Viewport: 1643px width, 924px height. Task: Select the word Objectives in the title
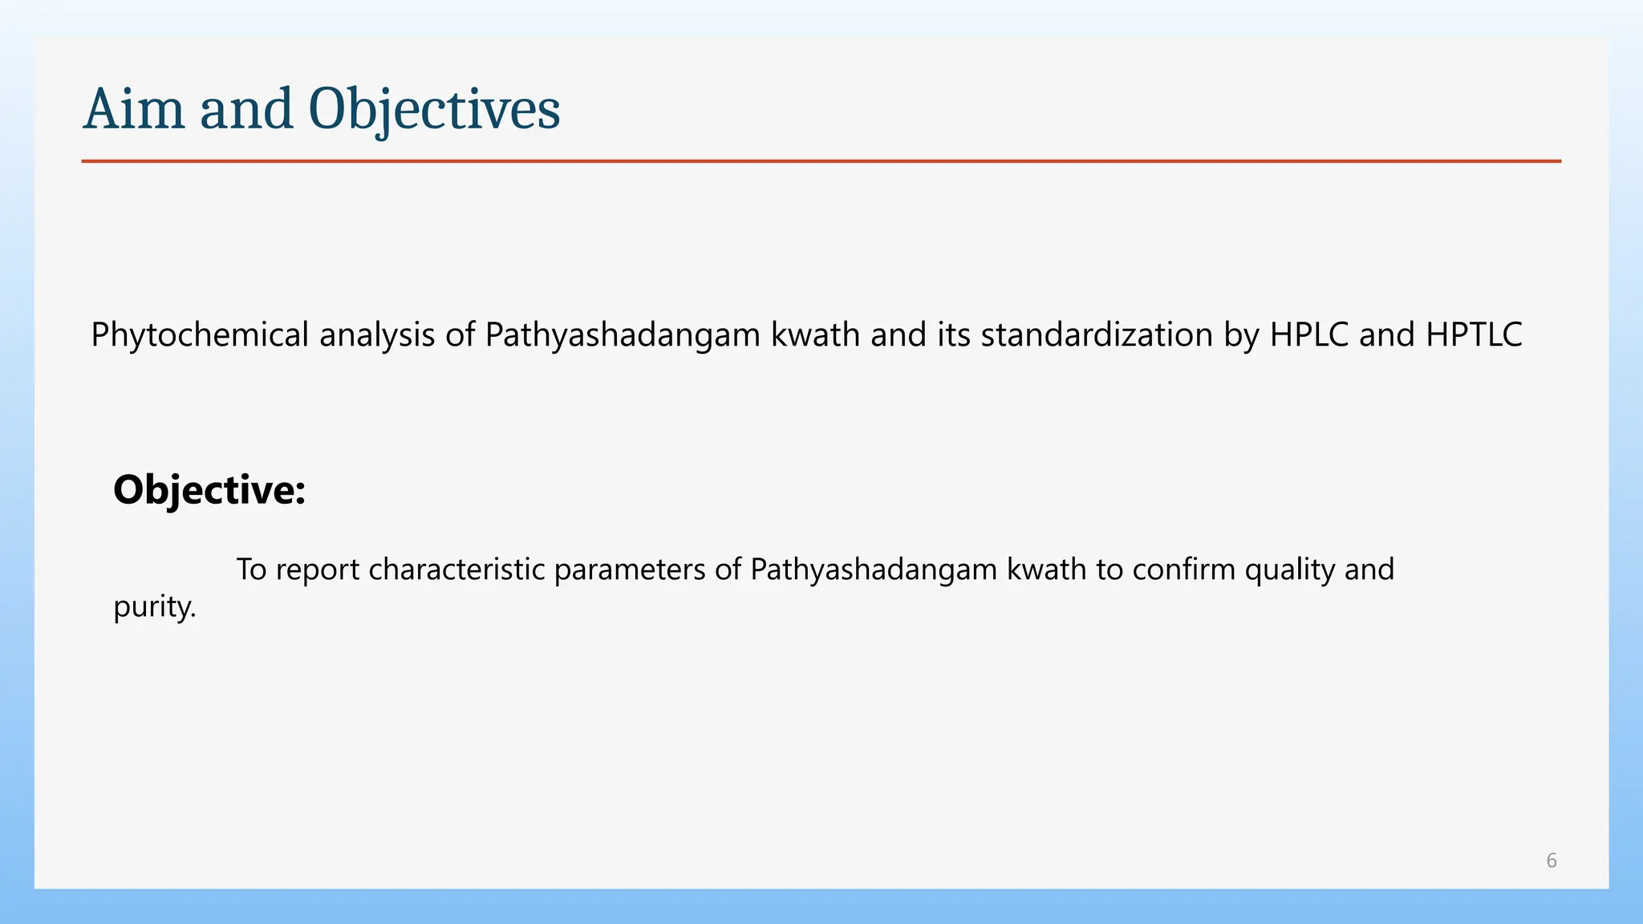434,111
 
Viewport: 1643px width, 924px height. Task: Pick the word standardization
1097,335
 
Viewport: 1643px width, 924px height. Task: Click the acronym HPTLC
1474,335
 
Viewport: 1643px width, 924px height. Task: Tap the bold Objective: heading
209,489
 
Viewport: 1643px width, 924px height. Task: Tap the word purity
154,607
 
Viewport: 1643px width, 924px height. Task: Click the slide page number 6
1552,861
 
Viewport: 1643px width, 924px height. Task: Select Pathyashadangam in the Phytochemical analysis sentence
623,335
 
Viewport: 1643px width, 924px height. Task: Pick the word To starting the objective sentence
251,570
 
